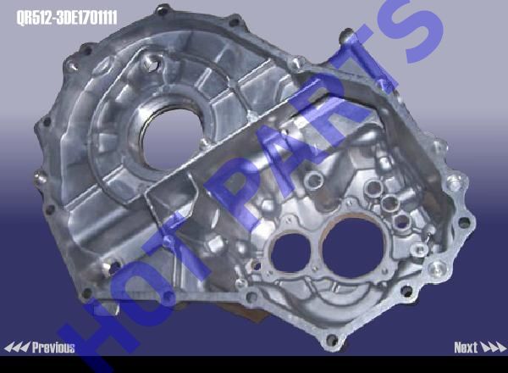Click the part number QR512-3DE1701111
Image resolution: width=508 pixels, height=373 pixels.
pos(67,18)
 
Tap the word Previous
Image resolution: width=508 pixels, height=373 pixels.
pos(53,348)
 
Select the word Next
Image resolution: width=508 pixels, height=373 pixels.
pos(466,348)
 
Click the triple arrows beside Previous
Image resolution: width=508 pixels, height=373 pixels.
pos(17,348)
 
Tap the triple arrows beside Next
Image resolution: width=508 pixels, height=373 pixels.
pos(493,348)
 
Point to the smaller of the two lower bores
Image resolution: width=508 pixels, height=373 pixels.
pos(291,253)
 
